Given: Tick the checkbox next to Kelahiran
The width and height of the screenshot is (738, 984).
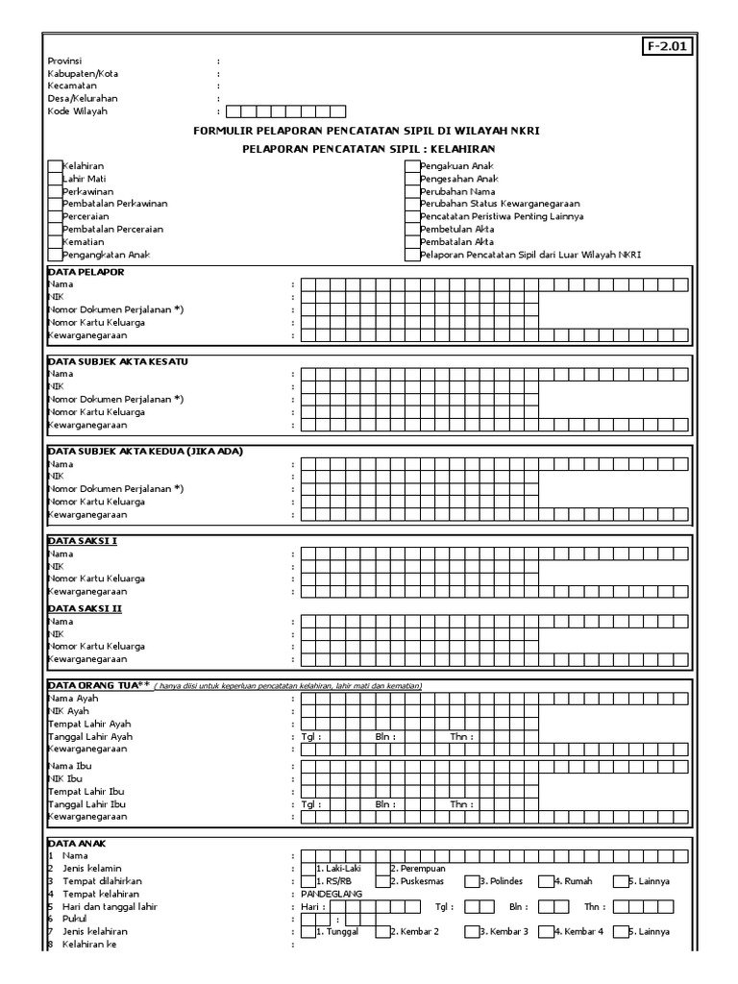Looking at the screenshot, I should click(55, 166).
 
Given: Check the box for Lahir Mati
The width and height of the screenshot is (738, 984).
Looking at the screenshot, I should click(55, 179).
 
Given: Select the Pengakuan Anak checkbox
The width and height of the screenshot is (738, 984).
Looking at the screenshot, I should click(412, 166).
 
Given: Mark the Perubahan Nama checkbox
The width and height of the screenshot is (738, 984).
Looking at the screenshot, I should click(412, 191).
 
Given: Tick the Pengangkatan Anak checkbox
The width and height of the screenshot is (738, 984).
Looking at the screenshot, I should click(55, 255).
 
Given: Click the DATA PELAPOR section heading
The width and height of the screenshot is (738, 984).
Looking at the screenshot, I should click(86, 272).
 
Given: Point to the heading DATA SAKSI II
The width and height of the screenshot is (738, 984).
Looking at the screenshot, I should click(84, 608).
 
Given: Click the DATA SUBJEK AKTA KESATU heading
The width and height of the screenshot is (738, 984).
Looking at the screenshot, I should click(117, 360).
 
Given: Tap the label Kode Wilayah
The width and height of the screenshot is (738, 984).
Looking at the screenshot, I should click(78, 111).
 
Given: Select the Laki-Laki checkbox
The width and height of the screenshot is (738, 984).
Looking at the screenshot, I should click(307, 868).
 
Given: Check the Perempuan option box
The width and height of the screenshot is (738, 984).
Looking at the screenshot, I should click(382, 868).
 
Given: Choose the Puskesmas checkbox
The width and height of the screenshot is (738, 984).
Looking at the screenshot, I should click(382, 880).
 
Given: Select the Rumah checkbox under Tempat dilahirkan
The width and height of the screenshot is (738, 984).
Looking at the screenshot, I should click(546, 880).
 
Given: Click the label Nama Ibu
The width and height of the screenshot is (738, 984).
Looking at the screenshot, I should click(70, 766).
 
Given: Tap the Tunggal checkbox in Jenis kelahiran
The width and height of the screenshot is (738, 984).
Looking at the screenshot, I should click(307, 931).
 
